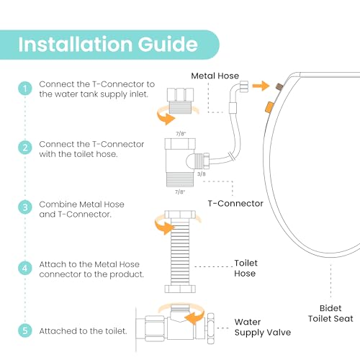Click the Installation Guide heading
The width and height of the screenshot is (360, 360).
tap(108, 45)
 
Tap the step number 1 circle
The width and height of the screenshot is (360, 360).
tap(25, 89)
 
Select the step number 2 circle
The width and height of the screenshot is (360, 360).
tap(25, 148)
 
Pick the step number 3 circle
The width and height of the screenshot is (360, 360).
tap(25, 207)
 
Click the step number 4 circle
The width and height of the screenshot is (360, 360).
tap(25, 268)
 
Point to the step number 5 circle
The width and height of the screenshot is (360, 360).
tap(25, 330)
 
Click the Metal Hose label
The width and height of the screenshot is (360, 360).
tap(215, 76)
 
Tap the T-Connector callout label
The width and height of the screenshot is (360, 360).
tap(235, 204)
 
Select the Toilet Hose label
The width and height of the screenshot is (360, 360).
tap(246, 268)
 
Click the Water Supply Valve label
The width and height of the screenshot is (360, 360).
tap(263, 328)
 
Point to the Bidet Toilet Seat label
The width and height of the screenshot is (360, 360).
tap(330, 313)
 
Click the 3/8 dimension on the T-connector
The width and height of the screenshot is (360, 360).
tap(202, 174)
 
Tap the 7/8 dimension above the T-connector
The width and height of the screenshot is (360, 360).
tap(181, 133)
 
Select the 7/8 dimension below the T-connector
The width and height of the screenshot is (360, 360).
tap(180, 192)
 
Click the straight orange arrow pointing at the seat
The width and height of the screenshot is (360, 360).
tap(261, 86)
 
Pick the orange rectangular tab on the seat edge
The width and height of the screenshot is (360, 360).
tap(269, 107)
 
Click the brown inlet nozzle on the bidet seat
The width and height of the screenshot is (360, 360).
tap(279, 86)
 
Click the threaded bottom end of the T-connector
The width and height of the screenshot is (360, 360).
tap(180, 179)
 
